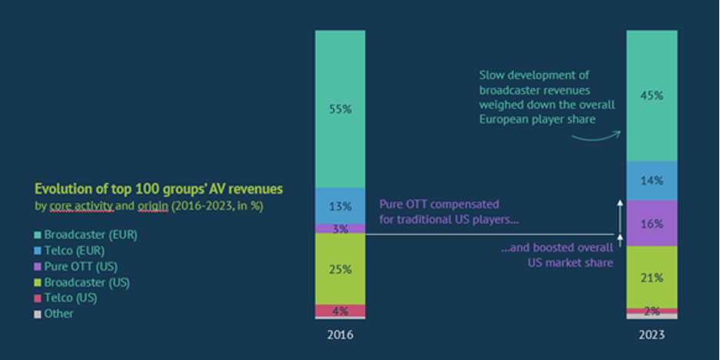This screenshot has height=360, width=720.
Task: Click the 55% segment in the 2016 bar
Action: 340,109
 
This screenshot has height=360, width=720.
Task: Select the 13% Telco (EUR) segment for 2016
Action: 340,206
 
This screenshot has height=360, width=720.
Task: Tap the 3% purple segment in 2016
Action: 340,228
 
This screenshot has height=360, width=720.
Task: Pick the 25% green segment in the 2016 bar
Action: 340,269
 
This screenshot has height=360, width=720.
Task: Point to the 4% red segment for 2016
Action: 340,311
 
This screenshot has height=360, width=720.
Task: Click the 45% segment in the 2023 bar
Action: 652,96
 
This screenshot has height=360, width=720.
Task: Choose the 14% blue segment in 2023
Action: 652,182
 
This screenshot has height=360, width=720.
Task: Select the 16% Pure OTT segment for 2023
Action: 652,224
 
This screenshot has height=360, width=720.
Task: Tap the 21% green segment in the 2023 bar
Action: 652,277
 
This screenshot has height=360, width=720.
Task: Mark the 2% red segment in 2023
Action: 652,311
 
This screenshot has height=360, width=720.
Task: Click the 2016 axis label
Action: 340,335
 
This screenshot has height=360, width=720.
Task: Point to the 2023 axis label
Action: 652,335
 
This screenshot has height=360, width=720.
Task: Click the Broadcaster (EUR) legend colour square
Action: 38,235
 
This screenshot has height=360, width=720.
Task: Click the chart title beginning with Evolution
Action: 158,189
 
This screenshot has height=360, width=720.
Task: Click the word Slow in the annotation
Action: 492,75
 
